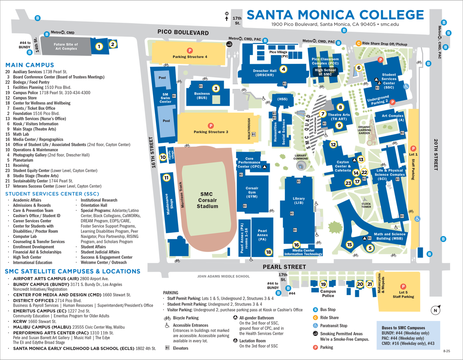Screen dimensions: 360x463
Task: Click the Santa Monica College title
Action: [x=335, y=15]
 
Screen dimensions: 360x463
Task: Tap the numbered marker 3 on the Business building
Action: [x=216, y=88]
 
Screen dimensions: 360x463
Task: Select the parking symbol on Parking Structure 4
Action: [x=190, y=50]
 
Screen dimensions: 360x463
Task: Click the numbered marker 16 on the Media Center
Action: [x=297, y=244]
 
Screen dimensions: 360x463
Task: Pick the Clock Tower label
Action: [x=366, y=205]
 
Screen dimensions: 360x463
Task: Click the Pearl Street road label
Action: [x=284, y=267]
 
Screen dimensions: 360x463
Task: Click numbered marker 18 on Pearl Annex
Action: [x=269, y=252]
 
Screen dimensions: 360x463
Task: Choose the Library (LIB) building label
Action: [x=299, y=201]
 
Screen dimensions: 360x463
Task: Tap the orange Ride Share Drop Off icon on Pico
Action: [x=358, y=44]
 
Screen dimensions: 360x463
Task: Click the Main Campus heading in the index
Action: [x=30, y=65]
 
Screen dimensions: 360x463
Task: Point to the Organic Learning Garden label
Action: [x=364, y=130]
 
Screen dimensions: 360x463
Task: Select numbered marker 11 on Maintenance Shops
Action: [x=166, y=177]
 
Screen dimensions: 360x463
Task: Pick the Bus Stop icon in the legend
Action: [x=315, y=310]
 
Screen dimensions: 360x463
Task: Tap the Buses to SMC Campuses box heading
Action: [x=403, y=327]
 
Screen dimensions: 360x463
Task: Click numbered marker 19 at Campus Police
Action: [x=323, y=284]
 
